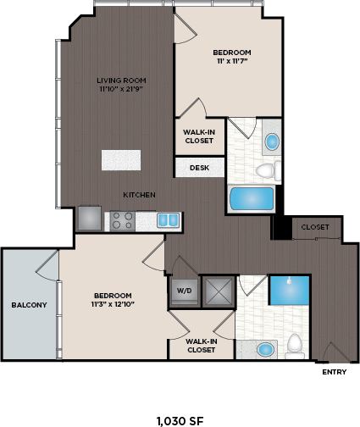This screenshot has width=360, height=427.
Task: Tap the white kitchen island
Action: (120, 160)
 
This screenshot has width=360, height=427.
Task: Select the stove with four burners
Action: (121, 220)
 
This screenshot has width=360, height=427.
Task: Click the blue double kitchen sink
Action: (169, 220)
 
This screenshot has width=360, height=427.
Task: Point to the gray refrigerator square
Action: (89, 219)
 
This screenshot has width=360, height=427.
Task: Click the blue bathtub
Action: (251, 199)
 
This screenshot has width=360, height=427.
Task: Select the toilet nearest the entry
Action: (295, 344)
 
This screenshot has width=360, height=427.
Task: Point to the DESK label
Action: (199, 168)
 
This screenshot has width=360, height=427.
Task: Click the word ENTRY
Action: (335, 371)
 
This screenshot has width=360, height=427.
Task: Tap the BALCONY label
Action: (29, 304)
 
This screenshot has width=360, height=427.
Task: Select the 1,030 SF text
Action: (180, 419)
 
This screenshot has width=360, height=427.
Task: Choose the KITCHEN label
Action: (139, 195)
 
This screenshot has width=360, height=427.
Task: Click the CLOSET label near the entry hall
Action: (315, 227)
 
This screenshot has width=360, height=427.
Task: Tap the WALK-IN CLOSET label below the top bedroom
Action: (199, 136)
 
